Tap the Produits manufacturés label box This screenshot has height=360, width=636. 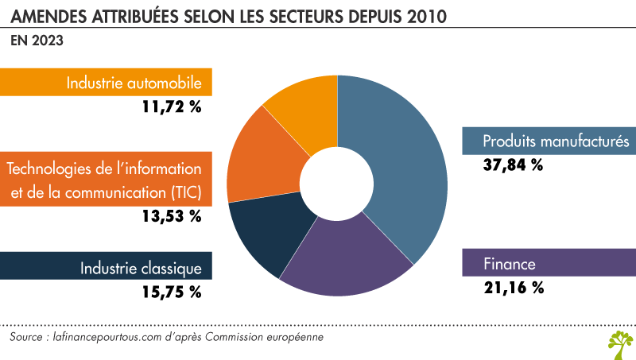coord(549,141)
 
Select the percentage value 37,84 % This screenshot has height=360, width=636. coord(513,165)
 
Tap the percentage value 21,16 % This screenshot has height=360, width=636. coord(513,288)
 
